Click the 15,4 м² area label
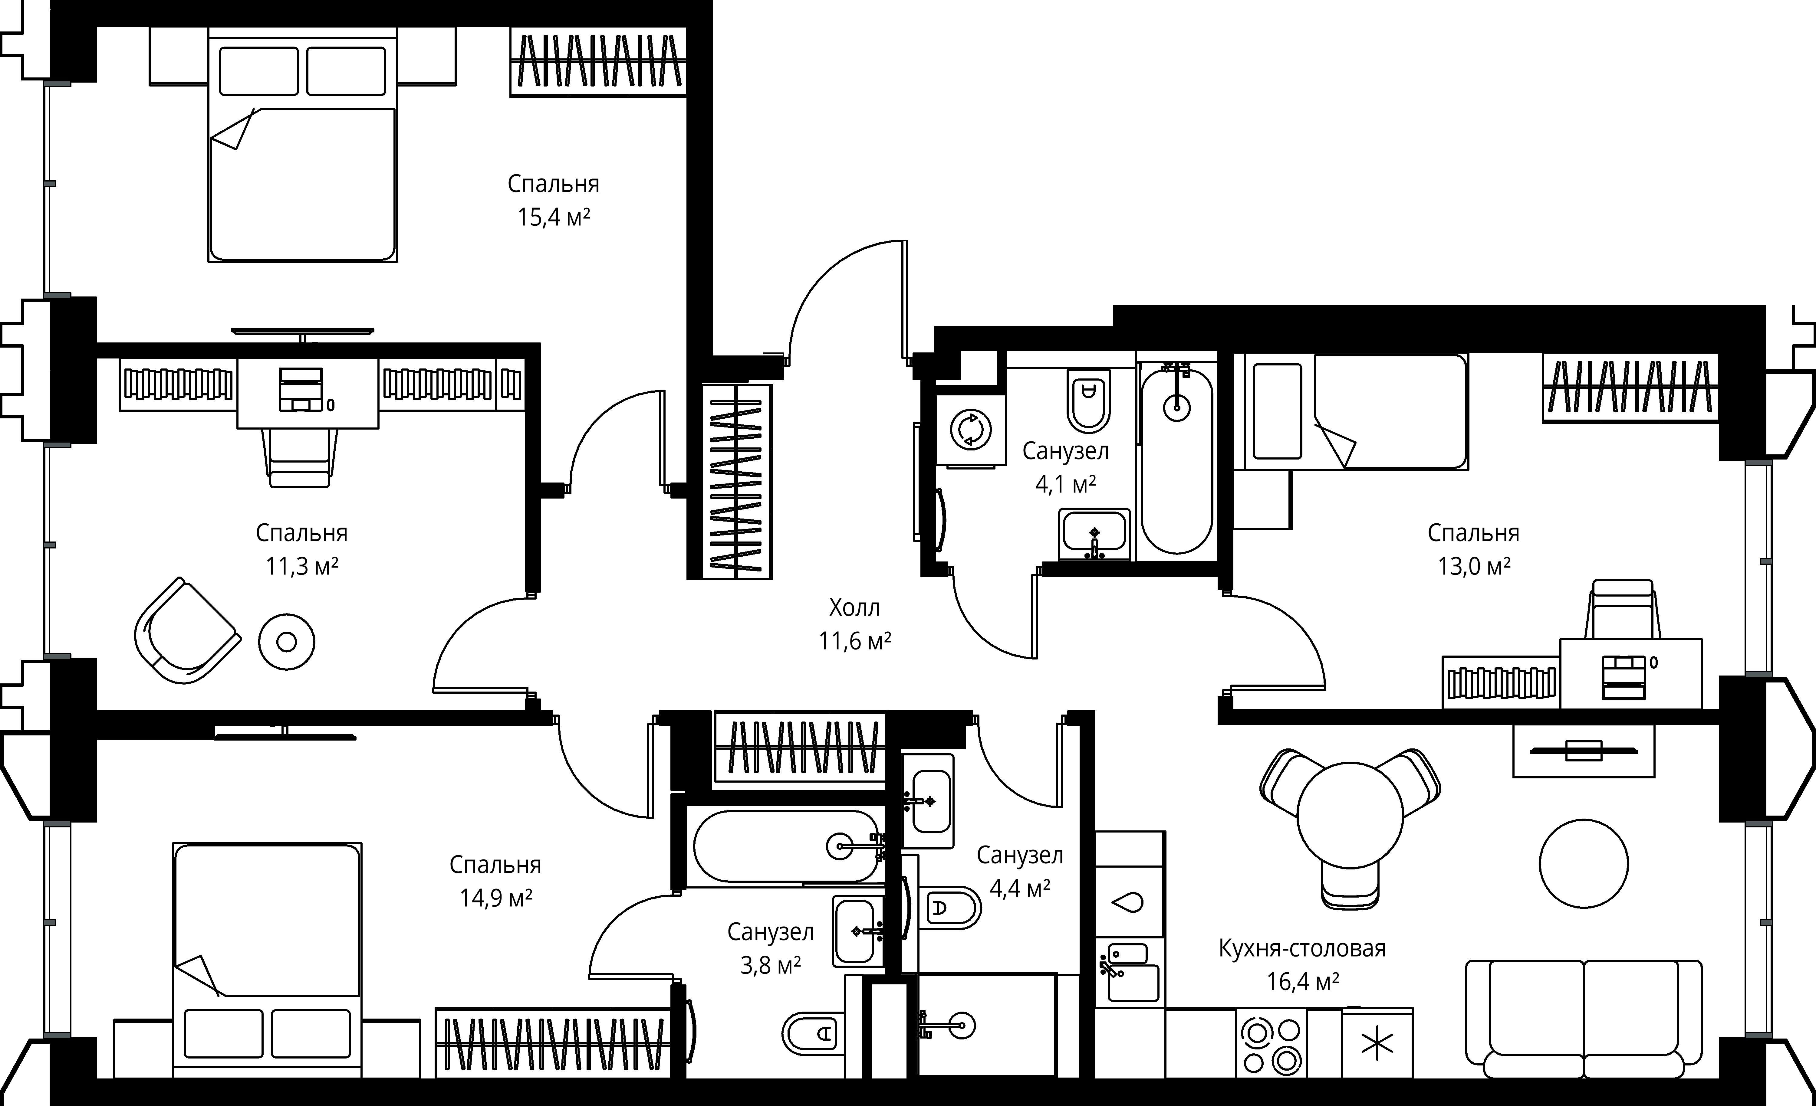pyautogui.click(x=554, y=218)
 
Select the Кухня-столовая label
pyautogui.click(x=1302, y=948)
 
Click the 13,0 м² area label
pyautogui.click(x=1474, y=566)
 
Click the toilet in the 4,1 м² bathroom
pyautogui.click(x=1089, y=401)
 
